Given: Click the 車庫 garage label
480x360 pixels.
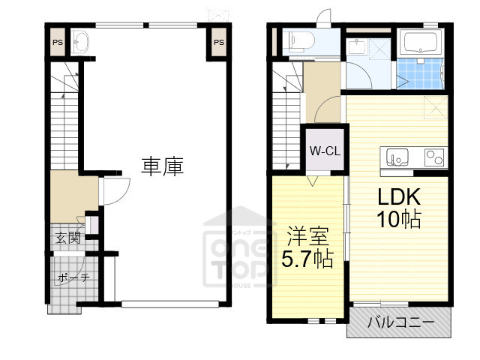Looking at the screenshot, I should tap(163, 166).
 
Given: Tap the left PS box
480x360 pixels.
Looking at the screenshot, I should tap(58, 43).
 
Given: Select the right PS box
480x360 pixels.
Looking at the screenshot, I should tap(218, 43).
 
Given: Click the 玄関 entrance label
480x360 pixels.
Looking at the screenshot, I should tap(67, 238).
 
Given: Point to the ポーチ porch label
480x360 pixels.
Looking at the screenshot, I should tap(73, 277).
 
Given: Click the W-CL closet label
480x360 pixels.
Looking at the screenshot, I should tap(325, 150).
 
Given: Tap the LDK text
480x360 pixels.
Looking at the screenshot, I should tap(397, 198).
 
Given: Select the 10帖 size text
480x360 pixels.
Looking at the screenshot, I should tap(397, 220).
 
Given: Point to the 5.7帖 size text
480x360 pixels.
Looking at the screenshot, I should tap(307, 260).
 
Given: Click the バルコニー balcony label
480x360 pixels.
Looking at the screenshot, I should tap(400, 322).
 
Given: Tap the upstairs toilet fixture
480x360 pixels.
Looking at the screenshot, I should tap(301, 40).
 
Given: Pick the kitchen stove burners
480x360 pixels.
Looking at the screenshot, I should tap(433, 158).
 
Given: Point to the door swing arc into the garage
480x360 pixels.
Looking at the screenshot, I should tap(112, 191).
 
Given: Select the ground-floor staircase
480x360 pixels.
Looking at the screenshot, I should tap(64, 120).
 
